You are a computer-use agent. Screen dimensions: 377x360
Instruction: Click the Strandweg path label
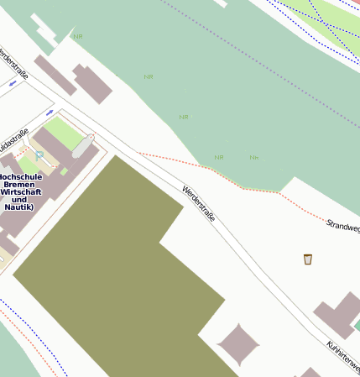pyautogui.click(x=342, y=226)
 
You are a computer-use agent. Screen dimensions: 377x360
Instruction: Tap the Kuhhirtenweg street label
pyautogui.click(x=343, y=357)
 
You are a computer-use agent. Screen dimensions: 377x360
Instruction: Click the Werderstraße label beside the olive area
pyautogui.click(x=199, y=203)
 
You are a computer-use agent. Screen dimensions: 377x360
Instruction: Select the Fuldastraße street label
pyautogui.click(x=13, y=141)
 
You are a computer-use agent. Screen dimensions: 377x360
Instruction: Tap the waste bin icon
pyautogui.click(x=308, y=259)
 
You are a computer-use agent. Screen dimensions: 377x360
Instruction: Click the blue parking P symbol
pyautogui.click(x=39, y=155)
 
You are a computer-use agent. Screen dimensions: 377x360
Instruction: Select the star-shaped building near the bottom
pyautogui.click(x=238, y=344)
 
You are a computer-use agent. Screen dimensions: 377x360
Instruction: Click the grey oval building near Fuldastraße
pyautogui.click(x=82, y=145)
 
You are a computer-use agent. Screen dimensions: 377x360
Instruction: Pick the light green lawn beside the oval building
pyautogui.click(x=62, y=133)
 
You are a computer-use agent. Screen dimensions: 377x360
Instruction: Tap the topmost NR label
pyautogui.click(x=78, y=36)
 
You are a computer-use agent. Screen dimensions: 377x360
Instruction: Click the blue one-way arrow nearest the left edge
pyautogui.click(x=13, y=83)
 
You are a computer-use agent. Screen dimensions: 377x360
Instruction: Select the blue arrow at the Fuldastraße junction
pyautogui.click(x=50, y=112)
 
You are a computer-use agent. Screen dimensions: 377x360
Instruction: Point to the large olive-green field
pyautogui.click(x=109, y=269)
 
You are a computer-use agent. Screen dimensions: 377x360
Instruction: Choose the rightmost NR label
pyautogui.click(x=253, y=157)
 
